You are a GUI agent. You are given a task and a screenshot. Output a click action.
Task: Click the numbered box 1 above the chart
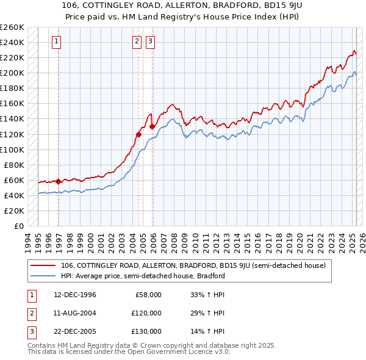click(56, 41)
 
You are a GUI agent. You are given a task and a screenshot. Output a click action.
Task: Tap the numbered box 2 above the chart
click(136, 41)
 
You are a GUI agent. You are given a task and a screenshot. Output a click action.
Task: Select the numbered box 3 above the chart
click(149, 41)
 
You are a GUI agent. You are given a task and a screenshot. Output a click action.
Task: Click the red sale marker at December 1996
click(59, 181)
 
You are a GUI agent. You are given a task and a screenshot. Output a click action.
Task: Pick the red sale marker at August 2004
click(139, 134)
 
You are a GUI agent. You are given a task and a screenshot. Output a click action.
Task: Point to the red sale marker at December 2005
click(152, 126)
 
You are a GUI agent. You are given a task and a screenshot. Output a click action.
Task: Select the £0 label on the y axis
click(18, 226)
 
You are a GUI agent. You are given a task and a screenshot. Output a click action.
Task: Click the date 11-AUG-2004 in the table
click(75, 313)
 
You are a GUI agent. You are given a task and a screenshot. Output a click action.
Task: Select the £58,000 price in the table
click(147, 295)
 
